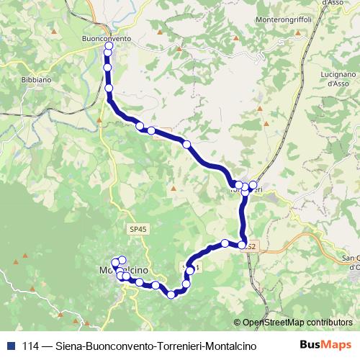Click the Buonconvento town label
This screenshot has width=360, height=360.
[107, 37]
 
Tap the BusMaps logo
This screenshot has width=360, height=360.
[325, 344]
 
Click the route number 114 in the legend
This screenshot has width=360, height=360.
[30, 346]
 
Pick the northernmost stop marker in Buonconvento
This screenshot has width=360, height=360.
[109, 47]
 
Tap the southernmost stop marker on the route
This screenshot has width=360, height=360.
[171, 294]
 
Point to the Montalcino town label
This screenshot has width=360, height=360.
[122, 269]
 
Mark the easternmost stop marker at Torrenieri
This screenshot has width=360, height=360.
[253, 185]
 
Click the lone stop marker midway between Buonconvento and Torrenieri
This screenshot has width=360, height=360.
[186, 145]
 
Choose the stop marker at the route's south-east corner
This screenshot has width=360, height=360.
[243, 245]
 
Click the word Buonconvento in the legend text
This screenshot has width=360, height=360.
[119, 346]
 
